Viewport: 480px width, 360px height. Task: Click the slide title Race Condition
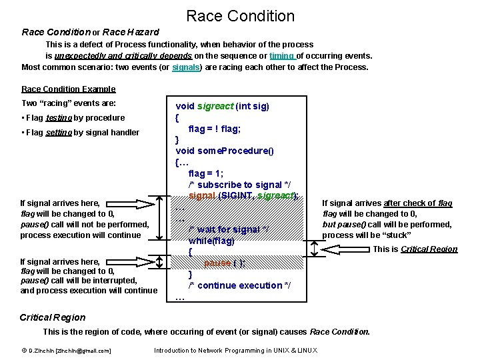click(240, 15)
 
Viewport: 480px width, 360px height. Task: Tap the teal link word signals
click(185, 67)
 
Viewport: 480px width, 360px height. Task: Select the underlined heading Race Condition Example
click(68, 89)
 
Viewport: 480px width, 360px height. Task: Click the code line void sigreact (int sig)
click(222, 106)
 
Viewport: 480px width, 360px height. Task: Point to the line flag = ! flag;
click(215, 129)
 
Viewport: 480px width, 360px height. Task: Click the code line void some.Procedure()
click(224, 151)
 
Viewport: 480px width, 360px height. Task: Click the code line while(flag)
click(211, 241)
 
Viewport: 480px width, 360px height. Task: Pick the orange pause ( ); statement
click(224, 263)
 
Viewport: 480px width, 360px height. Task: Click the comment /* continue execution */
click(235, 285)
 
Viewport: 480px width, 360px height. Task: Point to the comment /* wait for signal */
click(228, 229)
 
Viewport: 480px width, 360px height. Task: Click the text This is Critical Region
click(415, 249)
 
